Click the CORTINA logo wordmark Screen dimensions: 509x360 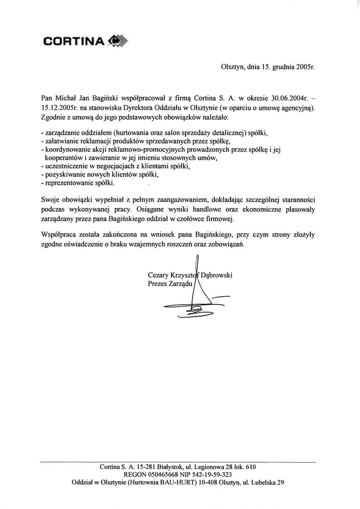74,41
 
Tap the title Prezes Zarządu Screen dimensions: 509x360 170,284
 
